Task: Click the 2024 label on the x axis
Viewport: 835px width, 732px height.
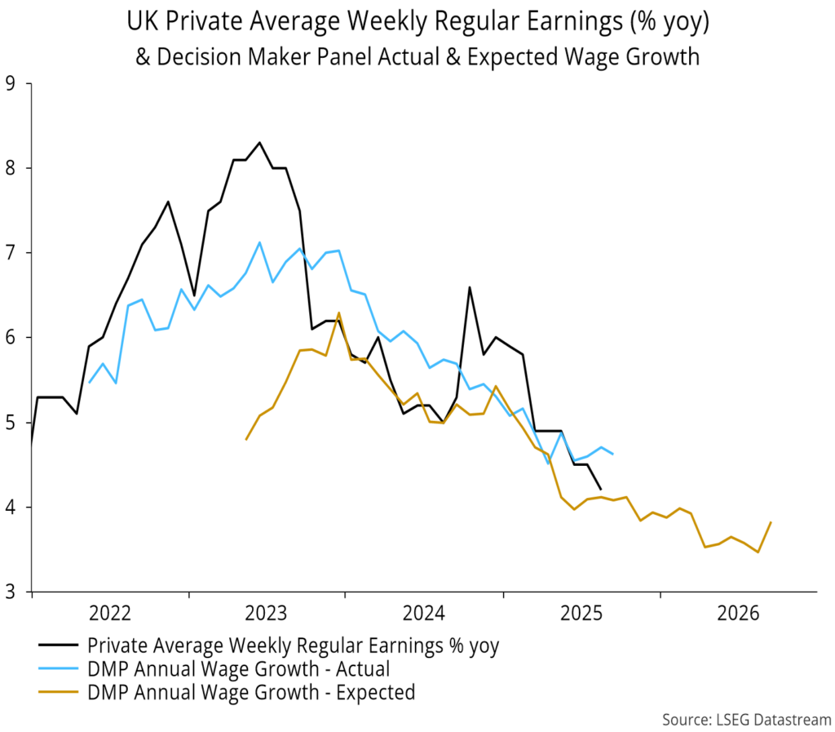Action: (424, 611)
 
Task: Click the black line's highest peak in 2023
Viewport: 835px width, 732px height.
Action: (259, 143)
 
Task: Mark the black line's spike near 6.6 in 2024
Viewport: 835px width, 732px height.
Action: (470, 286)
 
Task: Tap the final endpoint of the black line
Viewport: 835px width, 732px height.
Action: (601, 490)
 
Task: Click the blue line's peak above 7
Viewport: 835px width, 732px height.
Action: (259, 242)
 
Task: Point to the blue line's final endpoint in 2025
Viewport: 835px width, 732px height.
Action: (612, 454)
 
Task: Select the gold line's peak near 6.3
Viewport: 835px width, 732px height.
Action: (338, 313)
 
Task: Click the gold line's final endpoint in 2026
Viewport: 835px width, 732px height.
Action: (771, 522)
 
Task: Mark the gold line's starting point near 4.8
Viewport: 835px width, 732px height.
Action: (246, 439)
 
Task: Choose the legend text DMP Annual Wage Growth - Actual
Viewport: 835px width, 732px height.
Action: (239, 669)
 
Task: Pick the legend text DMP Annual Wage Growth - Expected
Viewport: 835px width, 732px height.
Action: (251, 693)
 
